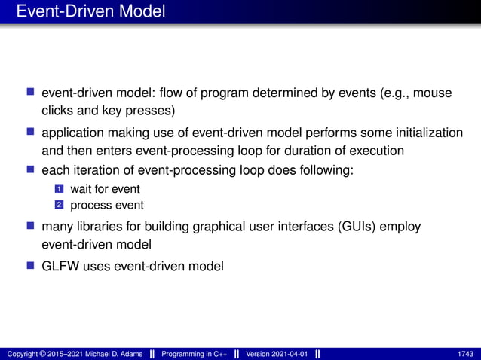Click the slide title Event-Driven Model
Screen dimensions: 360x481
pos(90,11)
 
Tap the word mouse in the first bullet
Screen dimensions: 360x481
pos(433,93)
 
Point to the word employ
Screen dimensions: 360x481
pos(400,227)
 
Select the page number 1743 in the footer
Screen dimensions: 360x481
pos(465,354)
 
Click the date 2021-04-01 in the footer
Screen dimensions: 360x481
pos(287,354)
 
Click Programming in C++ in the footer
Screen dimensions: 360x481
pos(192,354)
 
